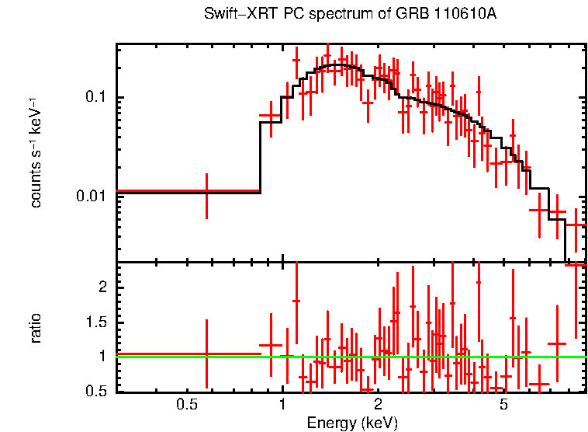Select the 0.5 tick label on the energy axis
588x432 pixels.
[185, 405]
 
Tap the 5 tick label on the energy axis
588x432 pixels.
[503, 405]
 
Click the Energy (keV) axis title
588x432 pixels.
[352, 423]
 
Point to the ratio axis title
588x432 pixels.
[36, 329]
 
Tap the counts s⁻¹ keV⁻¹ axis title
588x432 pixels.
[36, 152]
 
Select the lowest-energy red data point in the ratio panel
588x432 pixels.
[206, 354]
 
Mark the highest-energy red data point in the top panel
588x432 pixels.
[576, 225]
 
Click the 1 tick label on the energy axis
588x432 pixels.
[282, 405]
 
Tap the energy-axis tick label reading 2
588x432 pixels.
[378, 405]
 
